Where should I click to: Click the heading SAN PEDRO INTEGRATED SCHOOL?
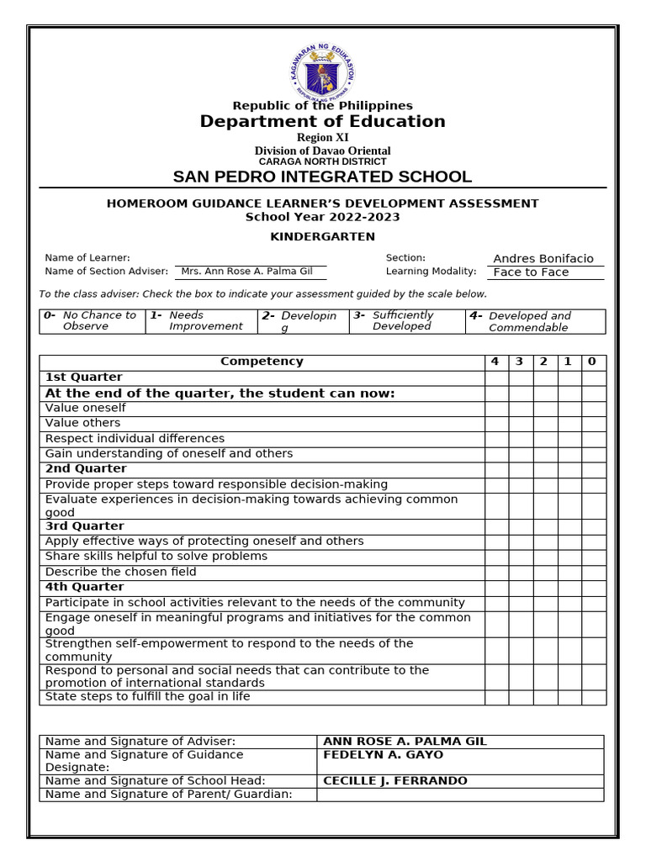point(322,177)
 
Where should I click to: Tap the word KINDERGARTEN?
point(322,237)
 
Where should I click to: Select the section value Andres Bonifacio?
point(543,259)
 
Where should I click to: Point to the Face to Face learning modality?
point(531,272)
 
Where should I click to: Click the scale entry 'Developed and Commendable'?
point(530,322)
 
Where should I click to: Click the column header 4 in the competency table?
point(495,362)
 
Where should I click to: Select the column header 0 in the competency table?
point(592,362)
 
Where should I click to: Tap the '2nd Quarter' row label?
point(86,469)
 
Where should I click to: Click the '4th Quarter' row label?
point(84,587)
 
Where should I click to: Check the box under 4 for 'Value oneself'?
point(496,409)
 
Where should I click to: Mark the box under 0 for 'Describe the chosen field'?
point(593,572)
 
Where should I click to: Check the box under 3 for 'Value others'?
point(520,424)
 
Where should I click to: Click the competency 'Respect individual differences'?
point(135,439)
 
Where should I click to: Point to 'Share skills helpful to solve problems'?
point(156,557)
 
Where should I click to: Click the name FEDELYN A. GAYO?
point(383,755)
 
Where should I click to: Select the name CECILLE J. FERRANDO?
point(395,781)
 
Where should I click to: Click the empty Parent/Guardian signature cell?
point(460,795)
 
